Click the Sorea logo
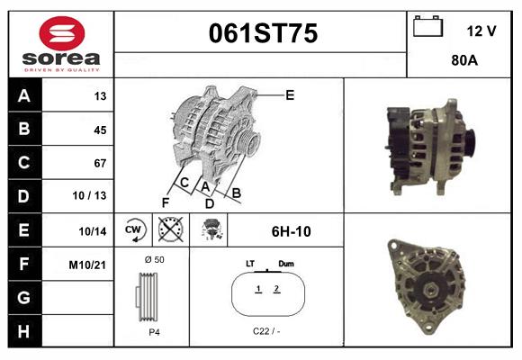coord(61,45)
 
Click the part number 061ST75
coord(263,34)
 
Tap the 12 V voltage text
coord(481,31)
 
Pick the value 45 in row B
coord(99,130)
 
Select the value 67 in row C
coord(99,163)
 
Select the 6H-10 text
coord(291,231)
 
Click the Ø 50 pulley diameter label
coord(154,259)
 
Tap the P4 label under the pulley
coord(153,331)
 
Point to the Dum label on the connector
coord(286,264)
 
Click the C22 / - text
coord(266,331)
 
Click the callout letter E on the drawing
coord(290,94)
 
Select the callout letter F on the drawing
coord(166,201)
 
